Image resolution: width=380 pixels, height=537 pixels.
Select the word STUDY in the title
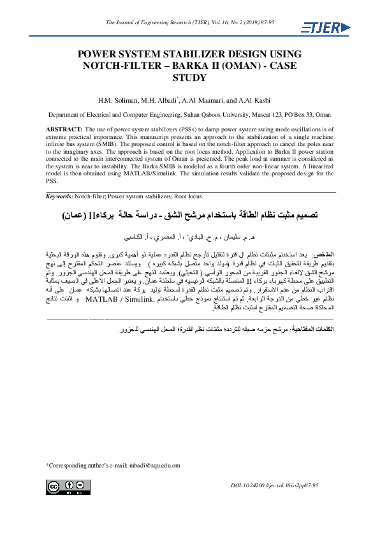coord(190,78)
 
